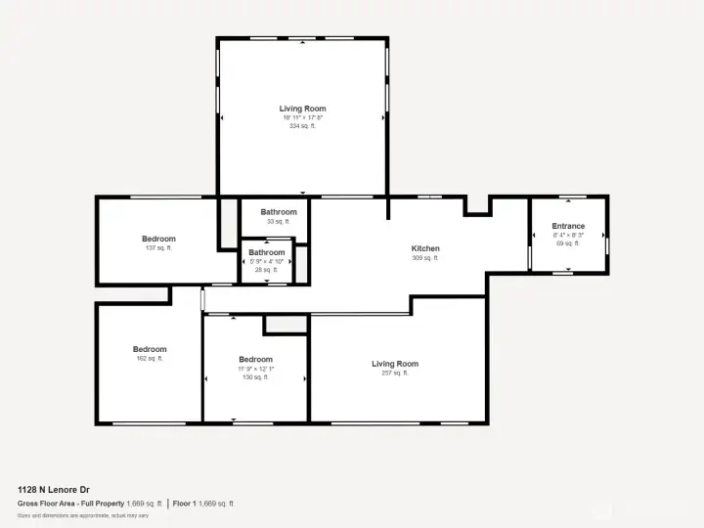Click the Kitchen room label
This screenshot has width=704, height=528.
point(425,248)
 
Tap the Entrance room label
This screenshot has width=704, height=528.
point(568,226)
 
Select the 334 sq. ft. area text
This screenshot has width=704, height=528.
point(302,126)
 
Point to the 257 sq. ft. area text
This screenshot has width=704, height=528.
point(395,373)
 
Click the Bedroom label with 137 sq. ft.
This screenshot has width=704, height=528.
point(158,239)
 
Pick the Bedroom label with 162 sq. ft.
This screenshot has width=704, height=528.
point(150,349)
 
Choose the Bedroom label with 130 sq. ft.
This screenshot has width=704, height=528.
point(256,359)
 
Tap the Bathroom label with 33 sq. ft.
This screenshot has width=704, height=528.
point(279,212)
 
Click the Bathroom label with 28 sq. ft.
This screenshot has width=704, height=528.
point(267,252)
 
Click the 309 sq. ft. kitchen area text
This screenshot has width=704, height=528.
point(425,258)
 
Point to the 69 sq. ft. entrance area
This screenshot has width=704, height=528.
point(568,243)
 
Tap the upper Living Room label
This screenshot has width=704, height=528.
point(302,109)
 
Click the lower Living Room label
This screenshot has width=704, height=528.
point(395,364)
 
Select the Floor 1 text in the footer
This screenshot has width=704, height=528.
point(183,503)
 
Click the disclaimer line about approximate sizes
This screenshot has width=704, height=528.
point(83,515)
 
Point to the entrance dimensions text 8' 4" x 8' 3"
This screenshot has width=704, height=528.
point(568,235)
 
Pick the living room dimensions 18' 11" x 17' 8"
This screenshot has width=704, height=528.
point(302,117)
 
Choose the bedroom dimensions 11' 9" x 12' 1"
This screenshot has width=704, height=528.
point(256,368)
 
